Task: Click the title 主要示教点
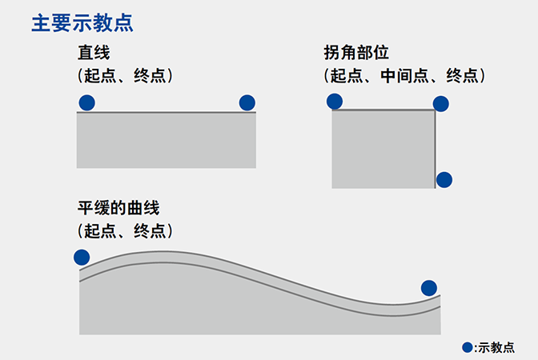pyautogui.click(x=82, y=22)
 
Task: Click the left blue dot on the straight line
pyautogui.click(x=86, y=102)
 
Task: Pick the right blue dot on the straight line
pyautogui.click(x=247, y=102)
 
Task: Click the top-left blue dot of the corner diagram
pyautogui.click(x=335, y=101)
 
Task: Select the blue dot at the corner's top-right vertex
pyautogui.click(x=441, y=103)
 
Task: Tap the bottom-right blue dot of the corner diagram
pyautogui.click(x=444, y=179)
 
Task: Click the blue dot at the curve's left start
pyautogui.click(x=81, y=257)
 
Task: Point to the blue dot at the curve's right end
pyautogui.click(x=429, y=288)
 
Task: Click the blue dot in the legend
pyautogui.click(x=468, y=347)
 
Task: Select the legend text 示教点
pyautogui.click(x=496, y=347)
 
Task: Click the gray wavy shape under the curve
pyautogui.click(x=240, y=308)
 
